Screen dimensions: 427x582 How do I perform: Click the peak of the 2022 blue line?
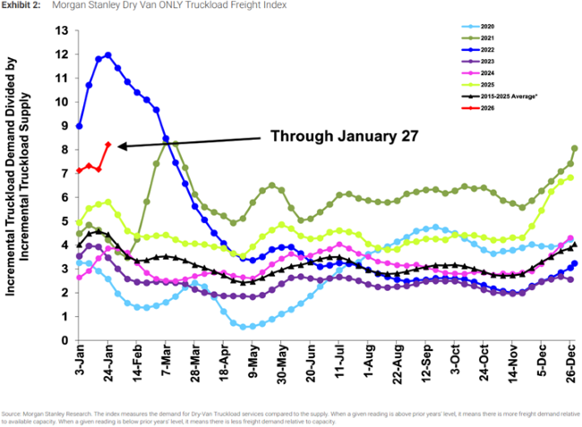coord(108,55)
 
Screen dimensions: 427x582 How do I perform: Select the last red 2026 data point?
coord(108,144)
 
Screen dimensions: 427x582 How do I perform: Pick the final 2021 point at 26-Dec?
coord(574,149)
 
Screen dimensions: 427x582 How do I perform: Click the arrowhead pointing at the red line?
coord(120,145)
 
